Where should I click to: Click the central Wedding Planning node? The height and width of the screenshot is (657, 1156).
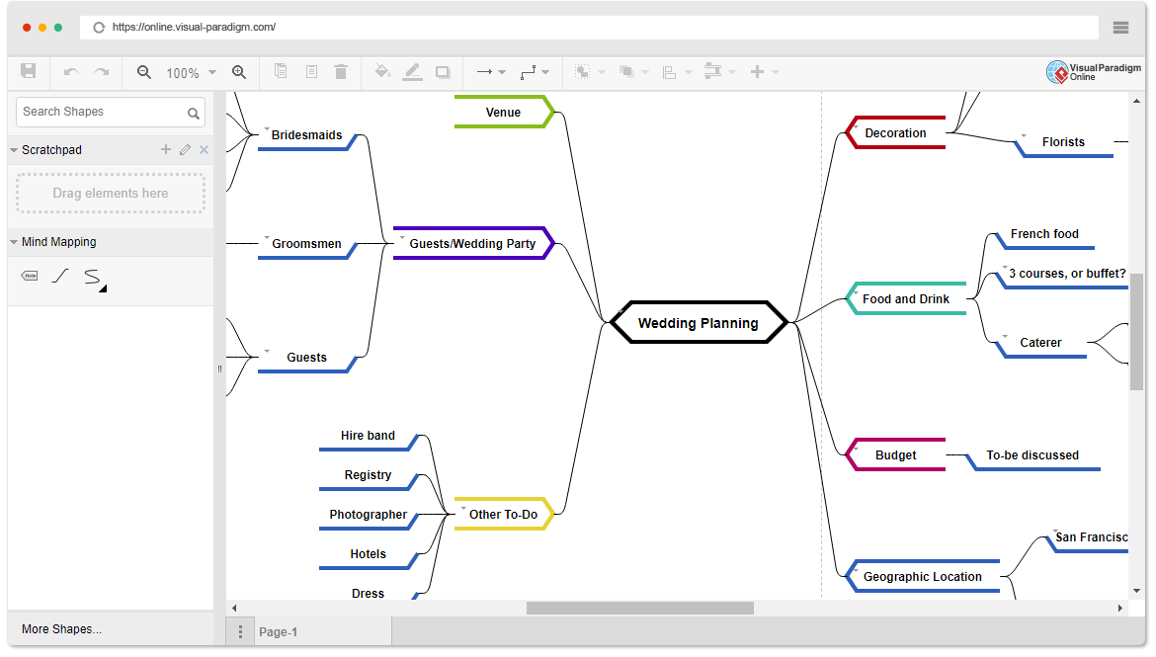coord(699,322)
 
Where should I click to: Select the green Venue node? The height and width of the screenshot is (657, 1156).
coord(504,112)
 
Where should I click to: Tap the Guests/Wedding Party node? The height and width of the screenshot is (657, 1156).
coord(472,243)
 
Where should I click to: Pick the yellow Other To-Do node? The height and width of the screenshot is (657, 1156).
coord(504,514)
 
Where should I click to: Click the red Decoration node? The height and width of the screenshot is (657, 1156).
coord(895,132)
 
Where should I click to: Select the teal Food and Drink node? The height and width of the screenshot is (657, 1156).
coord(906,298)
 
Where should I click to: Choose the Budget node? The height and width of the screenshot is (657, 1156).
coord(895,454)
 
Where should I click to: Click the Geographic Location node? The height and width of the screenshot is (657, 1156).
coord(922,577)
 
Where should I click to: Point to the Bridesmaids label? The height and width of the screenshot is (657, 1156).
coord(306,135)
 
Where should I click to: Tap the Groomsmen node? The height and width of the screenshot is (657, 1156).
coord(306,244)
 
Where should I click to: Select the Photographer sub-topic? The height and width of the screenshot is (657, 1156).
coord(368,515)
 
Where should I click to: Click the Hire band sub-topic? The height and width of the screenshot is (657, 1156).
coord(368,436)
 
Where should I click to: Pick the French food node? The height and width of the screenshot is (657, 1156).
coord(1044,234)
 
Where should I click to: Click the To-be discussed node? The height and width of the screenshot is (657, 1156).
coord(1032,455)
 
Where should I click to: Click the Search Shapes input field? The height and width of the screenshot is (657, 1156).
coord(111,112)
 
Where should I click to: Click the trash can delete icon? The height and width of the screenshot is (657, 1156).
coord(341,71)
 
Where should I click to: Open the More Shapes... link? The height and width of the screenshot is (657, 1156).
coord(62,629)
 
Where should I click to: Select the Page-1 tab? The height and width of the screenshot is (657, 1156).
coord(278,632)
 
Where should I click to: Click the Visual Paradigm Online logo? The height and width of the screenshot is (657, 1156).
coord(1094,71)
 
